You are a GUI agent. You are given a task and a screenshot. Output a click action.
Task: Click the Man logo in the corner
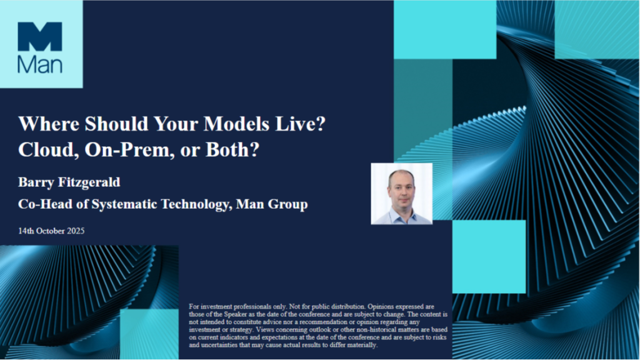tap(40, 47)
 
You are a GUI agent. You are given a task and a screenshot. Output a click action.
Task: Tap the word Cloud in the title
tap(41, 151)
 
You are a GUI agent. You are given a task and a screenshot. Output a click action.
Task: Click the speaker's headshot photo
tap(401, 194)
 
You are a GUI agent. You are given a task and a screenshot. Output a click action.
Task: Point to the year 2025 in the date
tap(74, 231)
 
